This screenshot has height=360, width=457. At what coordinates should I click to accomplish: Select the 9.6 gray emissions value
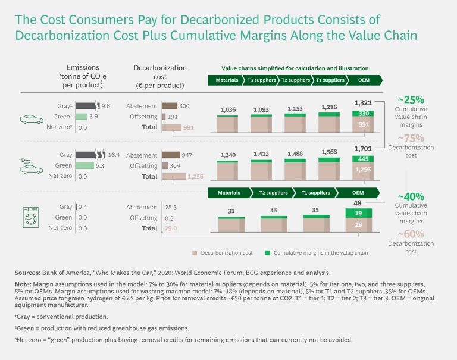pos(107,106)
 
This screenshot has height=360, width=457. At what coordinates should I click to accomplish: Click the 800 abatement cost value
pos(184,106)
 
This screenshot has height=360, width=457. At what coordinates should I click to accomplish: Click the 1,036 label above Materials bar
pos(228,110)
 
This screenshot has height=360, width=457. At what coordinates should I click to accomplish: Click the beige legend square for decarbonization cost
pos(195,253)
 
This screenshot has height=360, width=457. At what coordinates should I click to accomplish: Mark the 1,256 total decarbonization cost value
pos(196,176)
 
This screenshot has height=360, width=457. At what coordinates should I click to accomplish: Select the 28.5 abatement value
pos(171,206)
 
